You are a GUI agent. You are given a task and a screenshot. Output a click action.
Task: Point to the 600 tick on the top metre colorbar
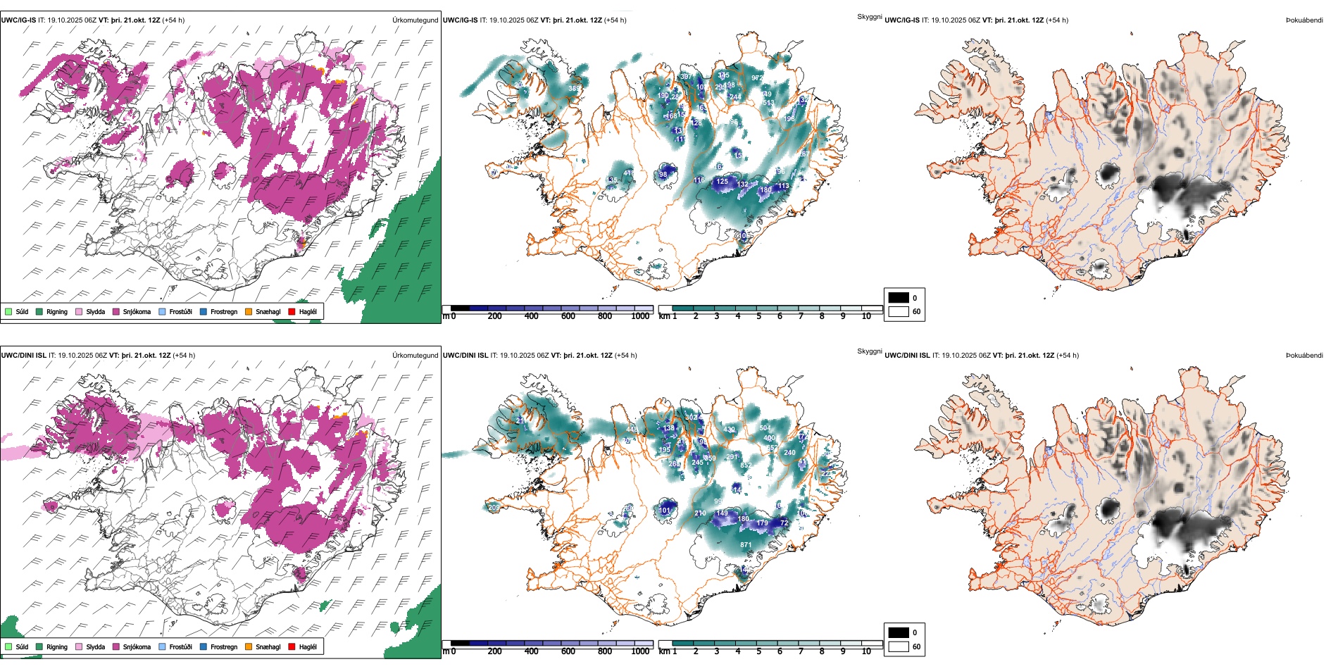568,316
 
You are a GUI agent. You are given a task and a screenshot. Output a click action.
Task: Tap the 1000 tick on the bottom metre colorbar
640,651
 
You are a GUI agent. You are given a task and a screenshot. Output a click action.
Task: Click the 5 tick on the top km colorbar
759,316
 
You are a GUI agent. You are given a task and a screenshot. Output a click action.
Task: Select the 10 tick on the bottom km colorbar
866,651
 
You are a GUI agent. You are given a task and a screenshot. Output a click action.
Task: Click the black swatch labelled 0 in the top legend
899,298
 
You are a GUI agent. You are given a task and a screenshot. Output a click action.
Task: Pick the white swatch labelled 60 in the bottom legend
899,646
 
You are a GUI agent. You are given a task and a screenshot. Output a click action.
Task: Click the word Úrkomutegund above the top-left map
415,20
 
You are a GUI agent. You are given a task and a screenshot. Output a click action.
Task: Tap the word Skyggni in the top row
869,17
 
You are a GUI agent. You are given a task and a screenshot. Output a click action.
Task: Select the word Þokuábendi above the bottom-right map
1304,356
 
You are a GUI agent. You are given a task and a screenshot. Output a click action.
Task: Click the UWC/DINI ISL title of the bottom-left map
24,356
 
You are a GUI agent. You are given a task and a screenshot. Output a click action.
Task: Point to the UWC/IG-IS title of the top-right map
902,20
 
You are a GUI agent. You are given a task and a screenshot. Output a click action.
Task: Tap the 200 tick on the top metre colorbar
495,316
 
